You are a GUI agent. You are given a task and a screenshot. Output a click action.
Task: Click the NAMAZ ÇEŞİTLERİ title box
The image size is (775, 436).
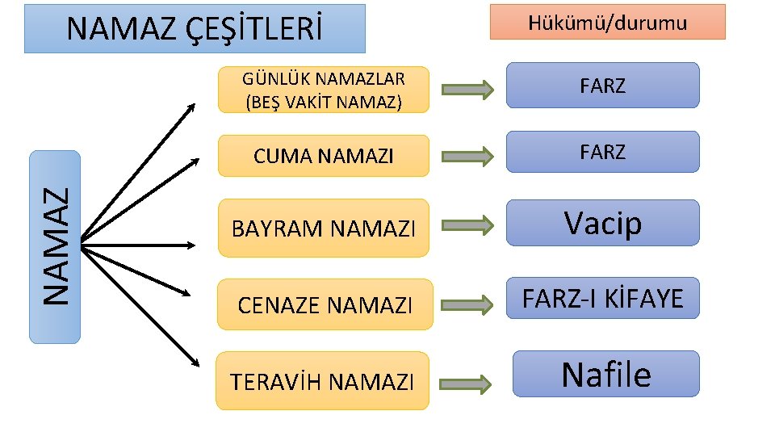point(195,29)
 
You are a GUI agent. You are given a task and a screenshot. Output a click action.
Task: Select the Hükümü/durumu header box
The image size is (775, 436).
point(607,22)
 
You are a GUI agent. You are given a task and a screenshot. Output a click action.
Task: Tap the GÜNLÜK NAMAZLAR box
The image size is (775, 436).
point(323,89)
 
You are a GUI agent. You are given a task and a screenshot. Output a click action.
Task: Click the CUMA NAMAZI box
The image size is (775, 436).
point(323,156)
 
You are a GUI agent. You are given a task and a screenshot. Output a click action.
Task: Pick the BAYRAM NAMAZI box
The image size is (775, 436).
point(324,228)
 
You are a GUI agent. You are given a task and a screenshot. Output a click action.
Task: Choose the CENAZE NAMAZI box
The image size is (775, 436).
point(324,304)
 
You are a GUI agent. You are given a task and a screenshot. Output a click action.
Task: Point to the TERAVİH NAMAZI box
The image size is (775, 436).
point(322,380)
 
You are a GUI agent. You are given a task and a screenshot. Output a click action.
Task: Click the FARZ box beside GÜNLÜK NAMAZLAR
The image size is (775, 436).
point(602,86)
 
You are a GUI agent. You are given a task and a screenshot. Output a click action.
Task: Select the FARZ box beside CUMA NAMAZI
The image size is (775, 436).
point(602,152)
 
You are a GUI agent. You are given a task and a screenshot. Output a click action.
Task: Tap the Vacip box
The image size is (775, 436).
point(602,222)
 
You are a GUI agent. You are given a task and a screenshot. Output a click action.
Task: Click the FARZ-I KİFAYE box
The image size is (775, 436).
point(602,299)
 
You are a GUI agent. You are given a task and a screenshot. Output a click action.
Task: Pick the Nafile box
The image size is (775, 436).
point(605,374)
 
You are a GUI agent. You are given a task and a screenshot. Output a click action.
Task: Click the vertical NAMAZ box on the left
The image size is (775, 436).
point(55,246)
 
